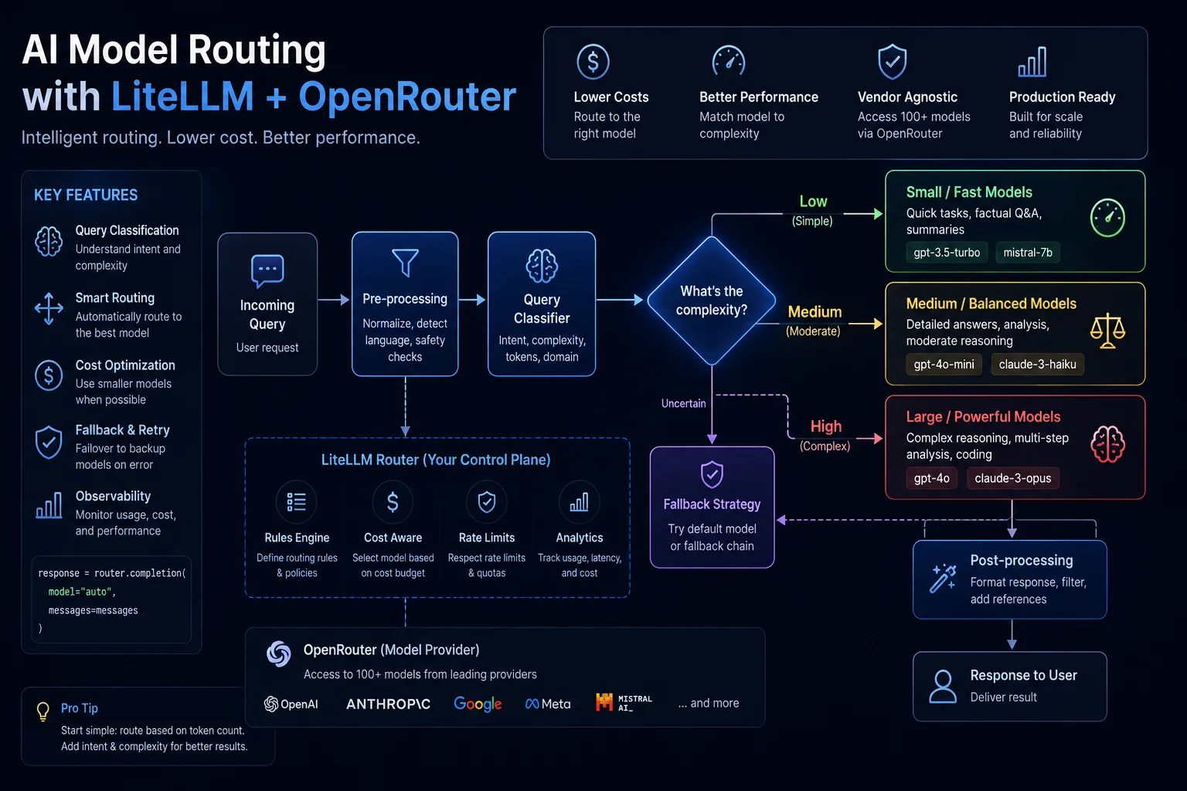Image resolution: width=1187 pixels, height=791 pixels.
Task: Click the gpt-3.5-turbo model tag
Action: click(947, 253)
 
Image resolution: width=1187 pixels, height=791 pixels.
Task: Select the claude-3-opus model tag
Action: click(1012, 478)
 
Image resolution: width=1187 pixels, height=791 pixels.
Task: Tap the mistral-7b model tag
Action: click(1028, 253)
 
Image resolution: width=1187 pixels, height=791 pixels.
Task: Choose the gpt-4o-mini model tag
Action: click(944, 365)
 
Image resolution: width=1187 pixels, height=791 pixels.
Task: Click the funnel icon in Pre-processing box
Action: click(406, 263)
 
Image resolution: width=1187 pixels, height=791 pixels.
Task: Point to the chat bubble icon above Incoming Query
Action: click(267, 270)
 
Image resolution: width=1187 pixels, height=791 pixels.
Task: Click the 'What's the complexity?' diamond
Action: click(712, 300)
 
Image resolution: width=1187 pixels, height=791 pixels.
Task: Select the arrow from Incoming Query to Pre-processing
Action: click(333, 300)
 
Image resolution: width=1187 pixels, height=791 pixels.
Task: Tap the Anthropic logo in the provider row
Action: click(388, 704)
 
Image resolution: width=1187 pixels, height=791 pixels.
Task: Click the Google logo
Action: click(478, 704)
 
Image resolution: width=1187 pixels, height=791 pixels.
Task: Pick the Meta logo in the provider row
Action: click(548, 704)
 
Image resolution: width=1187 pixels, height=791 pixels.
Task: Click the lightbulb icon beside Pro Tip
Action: click(43, 711)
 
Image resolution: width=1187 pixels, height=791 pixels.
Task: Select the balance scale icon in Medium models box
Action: click(1107, 331)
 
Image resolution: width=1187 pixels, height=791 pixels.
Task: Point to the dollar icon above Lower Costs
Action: click(593, 62)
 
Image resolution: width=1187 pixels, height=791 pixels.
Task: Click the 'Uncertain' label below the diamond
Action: click(684, 404)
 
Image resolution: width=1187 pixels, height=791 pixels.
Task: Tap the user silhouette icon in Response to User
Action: click(944, 687)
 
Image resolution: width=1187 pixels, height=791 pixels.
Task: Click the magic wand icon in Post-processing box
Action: click(943, 579)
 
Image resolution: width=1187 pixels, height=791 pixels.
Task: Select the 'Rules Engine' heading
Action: click(297, 538)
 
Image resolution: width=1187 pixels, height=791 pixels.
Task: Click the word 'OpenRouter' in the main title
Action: click(407, 97)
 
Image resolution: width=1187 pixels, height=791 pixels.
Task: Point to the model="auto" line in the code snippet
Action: click(82, 592)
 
